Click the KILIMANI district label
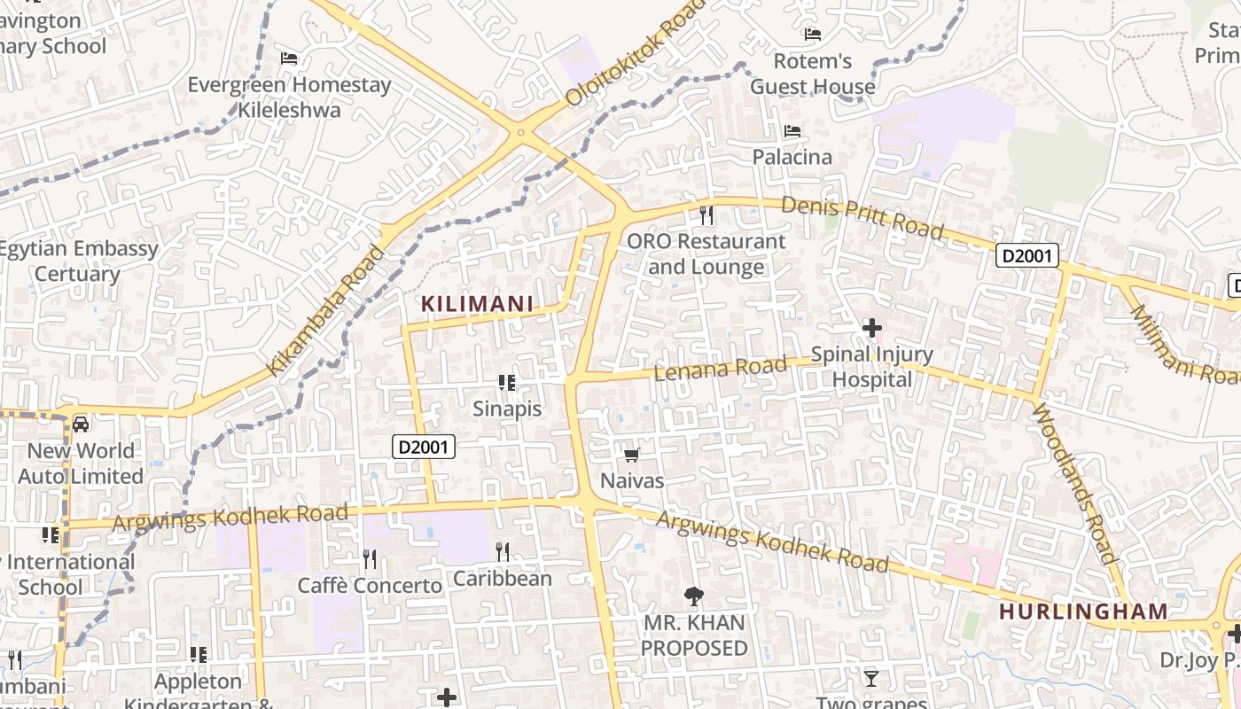pyautogui.click(x=477, y=304)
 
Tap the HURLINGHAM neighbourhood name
pyautogui.click(x=1083, y=612)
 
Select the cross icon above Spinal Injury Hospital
pyautogui.click(x=872, y=329)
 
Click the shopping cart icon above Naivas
pyautogui.click(x=631, y=456)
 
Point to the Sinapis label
pyautogui.click(x=506, y=409)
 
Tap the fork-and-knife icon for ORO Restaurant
pyautogui.click(x=706, y=214)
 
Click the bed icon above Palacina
pyautogui.click(x=792, y=131)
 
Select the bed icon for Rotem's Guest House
pyautogui.click(x=813, y=35)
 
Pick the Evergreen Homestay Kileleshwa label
pyautogui.click(x=289, y=97)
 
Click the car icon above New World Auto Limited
pyautogui.click(x=81, y=425)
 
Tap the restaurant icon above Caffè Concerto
pyautogui.click(x=370, y=558)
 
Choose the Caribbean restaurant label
pyautogui.click(x=503, y=579)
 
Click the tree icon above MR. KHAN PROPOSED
pyautogui.click(x=694, y=596)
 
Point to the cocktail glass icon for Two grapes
pyautogui.click(x=871, y=679)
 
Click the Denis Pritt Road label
pyautogui.click(x=862, y=217)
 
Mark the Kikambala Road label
pyautogui.click(x=327, y=310)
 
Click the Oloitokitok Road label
pyautogui.click(x=635, y=53)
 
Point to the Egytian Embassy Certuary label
pyautogui.click(x=77, y=261)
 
